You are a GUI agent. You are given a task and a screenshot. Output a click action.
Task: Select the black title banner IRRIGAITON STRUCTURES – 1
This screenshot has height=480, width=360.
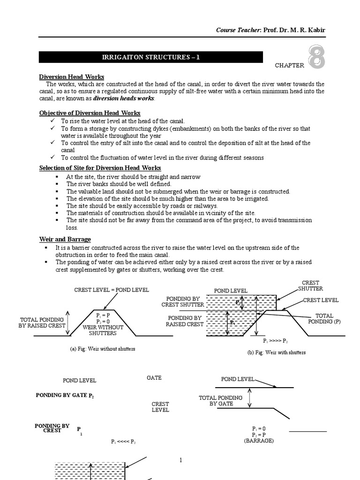pos(150,57)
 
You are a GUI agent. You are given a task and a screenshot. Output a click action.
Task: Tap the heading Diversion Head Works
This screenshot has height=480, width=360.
pos(71,77)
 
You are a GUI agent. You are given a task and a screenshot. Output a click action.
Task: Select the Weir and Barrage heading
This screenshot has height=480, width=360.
pos(65,240)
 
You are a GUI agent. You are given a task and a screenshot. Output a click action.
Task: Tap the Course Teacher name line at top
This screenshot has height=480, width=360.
pos(270,30)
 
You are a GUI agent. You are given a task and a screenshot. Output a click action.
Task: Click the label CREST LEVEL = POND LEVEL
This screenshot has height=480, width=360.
pos(112,290)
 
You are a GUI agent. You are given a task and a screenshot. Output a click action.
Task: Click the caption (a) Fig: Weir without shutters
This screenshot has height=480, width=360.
pos(102,349)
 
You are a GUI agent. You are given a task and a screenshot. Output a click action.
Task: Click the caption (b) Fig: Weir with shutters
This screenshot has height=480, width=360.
pos(277,352)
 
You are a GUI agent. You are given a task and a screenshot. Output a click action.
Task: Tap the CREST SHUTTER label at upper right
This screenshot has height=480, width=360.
pos(311,285)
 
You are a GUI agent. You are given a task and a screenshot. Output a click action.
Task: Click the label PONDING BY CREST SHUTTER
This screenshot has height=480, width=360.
pos(183,301)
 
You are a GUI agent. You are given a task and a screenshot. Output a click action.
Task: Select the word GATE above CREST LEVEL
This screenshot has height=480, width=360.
pos(154,377)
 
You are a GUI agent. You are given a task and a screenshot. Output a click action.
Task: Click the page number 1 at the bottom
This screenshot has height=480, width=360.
pos(180,461)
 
